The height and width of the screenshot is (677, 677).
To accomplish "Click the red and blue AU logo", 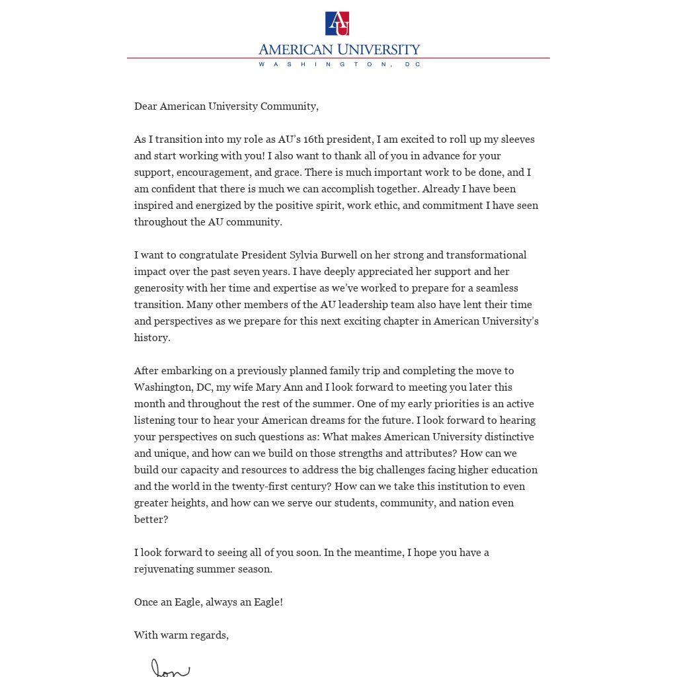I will [337, 24].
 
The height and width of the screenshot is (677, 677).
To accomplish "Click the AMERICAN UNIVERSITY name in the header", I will [338, 50].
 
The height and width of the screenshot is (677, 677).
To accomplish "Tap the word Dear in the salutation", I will [145, 106].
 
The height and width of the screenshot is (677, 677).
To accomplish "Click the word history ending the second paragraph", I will [151, 338].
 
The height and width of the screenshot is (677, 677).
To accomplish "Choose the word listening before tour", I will [157, 420].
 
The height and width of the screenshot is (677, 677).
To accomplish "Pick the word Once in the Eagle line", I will [146, 602].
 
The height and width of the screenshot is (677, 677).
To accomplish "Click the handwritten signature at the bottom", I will [170, 668].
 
